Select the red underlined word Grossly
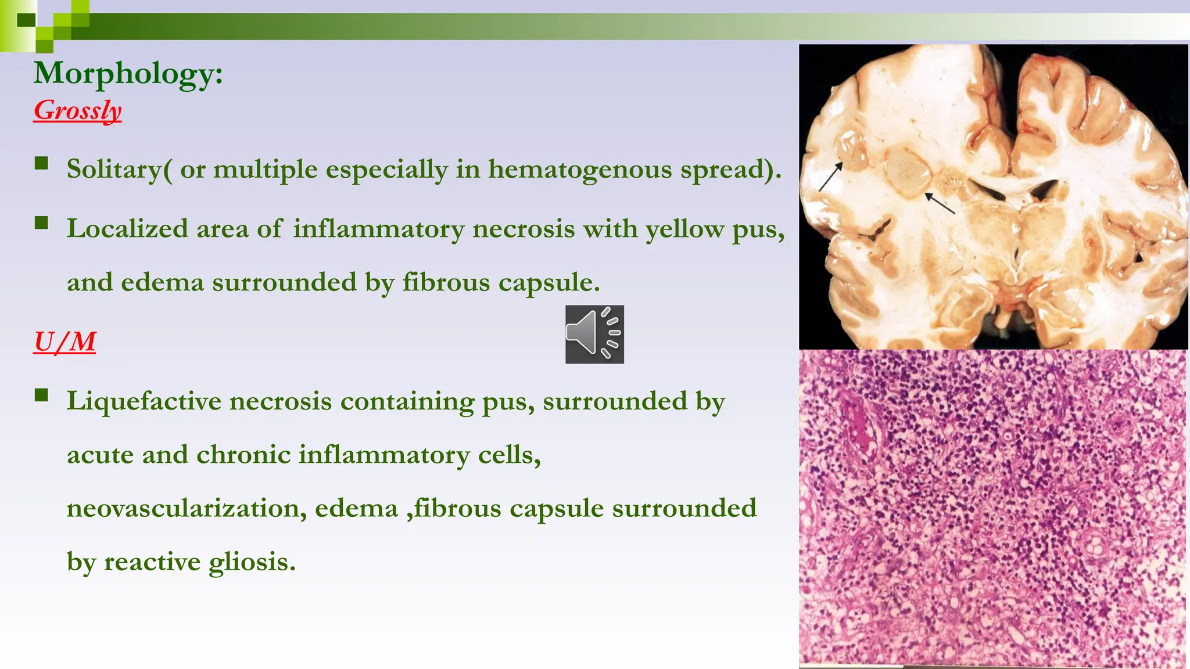[77, 110]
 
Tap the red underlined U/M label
[64, 341]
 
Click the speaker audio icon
[594, 334]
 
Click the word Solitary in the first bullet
[114, 170]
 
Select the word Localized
[127, 229]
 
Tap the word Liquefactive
[144, 401]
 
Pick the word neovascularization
[186, 509]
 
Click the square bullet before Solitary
[41, 163]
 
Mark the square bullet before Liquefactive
[41, 395]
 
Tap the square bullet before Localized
[41, 223]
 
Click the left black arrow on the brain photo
[831, 177]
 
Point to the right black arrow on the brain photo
[940, 203]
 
